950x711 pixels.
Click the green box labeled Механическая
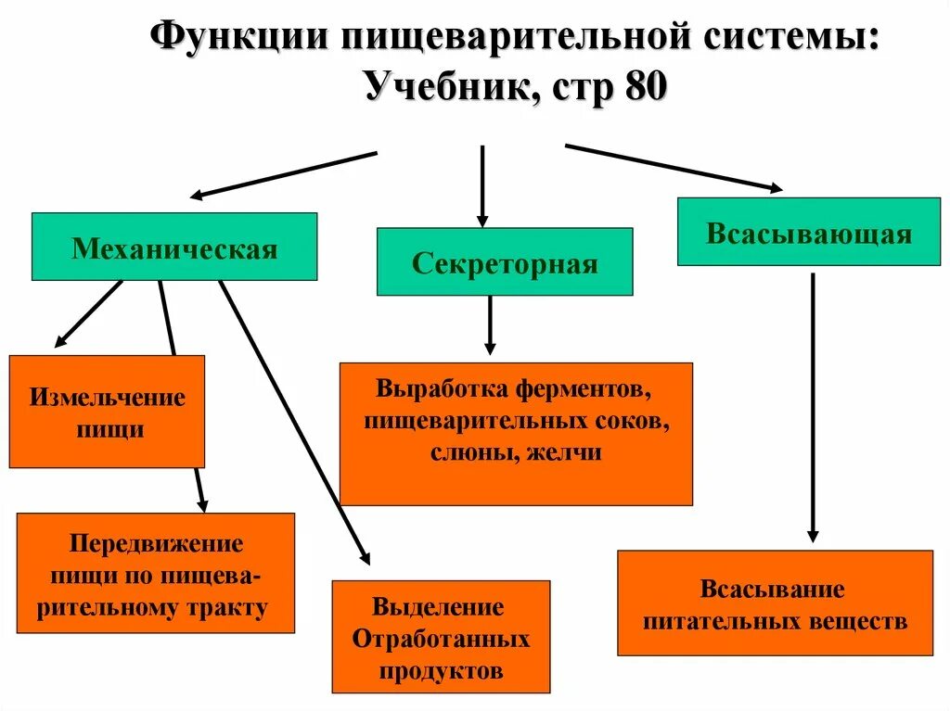pos(174,247)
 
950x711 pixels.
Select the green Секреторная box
pos(505,262)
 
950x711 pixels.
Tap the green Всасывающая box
pos(808,232)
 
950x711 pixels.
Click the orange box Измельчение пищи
pos(107,412)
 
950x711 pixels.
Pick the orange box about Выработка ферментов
pos(516,433)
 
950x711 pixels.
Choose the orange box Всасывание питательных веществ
pos(775,603)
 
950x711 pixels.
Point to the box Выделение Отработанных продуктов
pos(441,637)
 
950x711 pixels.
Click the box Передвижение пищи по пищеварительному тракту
pos(156,573)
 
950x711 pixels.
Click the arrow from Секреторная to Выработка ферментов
pos(490,324)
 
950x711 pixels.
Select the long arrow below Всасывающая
pos(813,408)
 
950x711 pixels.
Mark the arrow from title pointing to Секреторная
pos(482,185)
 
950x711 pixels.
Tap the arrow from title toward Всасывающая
pos(673,168)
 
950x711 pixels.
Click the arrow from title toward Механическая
pos(283,174)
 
